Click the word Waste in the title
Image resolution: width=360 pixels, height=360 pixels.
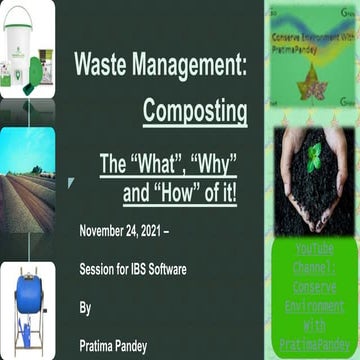click(103, 67)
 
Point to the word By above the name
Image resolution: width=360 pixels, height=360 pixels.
click(85, 308)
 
